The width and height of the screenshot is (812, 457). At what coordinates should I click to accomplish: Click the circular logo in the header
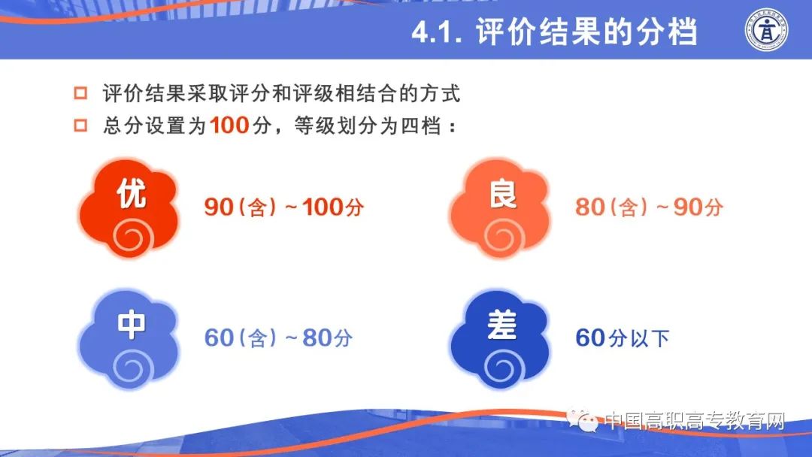[x=766, y=30]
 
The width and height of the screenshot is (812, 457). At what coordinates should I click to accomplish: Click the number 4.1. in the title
[x=437, y=32]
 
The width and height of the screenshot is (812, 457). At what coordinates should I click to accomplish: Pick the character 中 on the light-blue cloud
[x=132, y=325]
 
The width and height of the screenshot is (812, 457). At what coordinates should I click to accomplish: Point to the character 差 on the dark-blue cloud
[x=502, y=325]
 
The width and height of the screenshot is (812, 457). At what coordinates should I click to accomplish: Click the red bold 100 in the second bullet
[x=230, y=126]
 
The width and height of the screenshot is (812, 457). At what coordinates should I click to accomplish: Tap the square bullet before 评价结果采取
[x=80, y=93]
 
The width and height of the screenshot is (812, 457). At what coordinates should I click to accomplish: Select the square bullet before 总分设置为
[x=80, y=126]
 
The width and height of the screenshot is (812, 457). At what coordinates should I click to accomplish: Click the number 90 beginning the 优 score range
[x=219, y=207]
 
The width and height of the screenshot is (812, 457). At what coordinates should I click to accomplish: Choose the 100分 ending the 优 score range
[x=333, y=207]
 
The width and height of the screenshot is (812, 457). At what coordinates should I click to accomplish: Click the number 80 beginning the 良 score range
[x=590, y=207]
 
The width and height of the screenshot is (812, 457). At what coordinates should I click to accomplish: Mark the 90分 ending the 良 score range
[x=698, y=207]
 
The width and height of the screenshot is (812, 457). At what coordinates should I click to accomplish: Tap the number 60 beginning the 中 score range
[x=219, y=338]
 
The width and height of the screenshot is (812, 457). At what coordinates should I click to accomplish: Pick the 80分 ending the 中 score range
[x=327, y=338]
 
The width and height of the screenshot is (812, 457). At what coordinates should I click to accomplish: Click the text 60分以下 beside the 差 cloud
[x=623, y=338]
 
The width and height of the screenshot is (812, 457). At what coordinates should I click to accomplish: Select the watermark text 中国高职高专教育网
[x=695, y=421]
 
